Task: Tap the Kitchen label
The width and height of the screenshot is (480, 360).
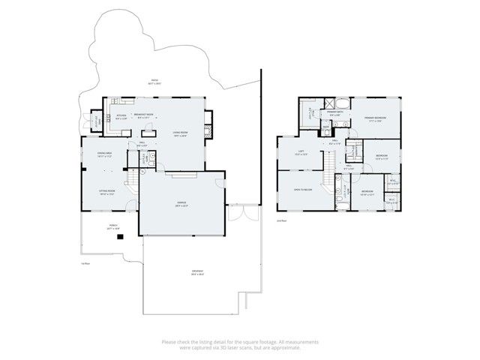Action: (x=121, y=115)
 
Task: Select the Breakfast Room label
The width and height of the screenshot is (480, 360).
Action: (x=144, y=115)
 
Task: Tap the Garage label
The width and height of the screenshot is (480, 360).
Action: (x=181, y=203)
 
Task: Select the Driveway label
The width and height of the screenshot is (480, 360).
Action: (x=197, y=273)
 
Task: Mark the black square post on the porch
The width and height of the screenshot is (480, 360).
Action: (x=118, y=238)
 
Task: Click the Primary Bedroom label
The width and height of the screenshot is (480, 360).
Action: (x=376, y=118)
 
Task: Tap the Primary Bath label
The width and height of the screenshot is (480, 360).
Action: (x=335, y=114)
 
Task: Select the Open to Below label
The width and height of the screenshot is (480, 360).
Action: (x=303, y=190)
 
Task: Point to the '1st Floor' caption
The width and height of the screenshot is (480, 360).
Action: (x=86, y=263)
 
